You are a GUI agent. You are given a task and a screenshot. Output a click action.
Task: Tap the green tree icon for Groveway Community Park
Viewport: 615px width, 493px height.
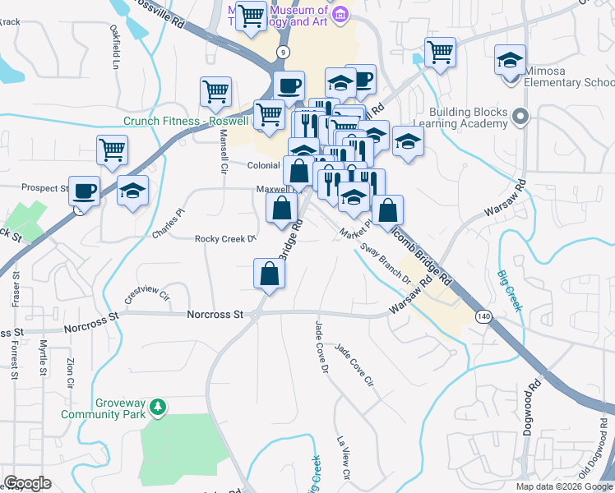(x=162, y=407)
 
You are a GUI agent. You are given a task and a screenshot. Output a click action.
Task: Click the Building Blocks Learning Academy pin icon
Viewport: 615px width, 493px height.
(x=520, y=117)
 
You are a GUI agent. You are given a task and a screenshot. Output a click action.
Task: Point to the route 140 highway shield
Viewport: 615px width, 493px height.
(x=483, y=316)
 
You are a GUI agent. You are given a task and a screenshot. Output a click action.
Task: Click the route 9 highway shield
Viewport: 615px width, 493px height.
(x=284, y=51)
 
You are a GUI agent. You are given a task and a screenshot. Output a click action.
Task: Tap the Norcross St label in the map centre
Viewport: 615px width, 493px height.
(x=215, y=314)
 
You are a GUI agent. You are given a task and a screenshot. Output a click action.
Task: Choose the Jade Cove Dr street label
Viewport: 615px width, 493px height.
(x=316, y=346)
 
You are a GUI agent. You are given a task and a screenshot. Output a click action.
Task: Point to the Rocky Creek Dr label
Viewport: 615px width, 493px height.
(x=225, y=239)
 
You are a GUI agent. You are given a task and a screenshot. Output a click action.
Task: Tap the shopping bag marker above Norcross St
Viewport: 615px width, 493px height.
(x=269, y=274)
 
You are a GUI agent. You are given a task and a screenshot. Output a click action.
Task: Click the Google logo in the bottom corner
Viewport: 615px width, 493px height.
(x=27, y=483)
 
